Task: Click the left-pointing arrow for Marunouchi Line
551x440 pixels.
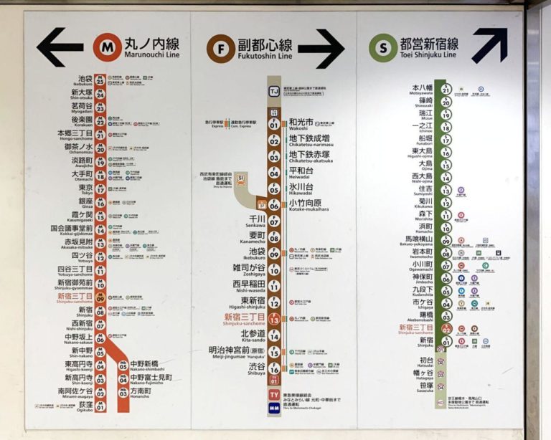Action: (60, 48)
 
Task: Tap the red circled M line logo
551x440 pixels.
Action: (107, 48)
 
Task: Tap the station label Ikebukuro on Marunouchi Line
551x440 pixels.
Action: (85, 80)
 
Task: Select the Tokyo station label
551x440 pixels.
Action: (85, 188)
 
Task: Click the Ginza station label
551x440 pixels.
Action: (85, 202)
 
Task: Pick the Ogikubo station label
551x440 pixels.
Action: (84, 406)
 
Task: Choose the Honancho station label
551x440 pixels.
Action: (141, 393)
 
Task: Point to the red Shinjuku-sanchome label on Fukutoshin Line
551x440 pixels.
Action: (245, 319)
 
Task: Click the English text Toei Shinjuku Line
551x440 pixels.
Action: (430, 55)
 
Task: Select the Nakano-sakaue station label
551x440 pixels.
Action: (81, 338)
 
